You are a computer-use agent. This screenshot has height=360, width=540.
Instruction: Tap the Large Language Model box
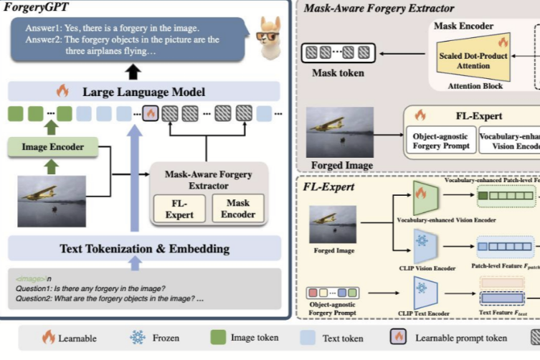(x=143, y=91)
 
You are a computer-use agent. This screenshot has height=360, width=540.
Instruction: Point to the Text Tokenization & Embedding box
(x=143, y=249)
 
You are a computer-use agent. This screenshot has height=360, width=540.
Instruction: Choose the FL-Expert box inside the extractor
(x=179, y=207)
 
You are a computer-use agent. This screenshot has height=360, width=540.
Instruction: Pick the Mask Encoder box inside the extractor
(x=237, y=207)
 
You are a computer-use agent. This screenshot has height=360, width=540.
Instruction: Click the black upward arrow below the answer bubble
(x=134, y=71)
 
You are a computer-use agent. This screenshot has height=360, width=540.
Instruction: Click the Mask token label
(x=337, y=73)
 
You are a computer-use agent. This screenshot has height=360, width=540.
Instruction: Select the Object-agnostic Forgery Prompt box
(x=441, y=141)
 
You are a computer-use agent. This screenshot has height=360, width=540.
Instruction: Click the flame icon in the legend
(x=49, y=337)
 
